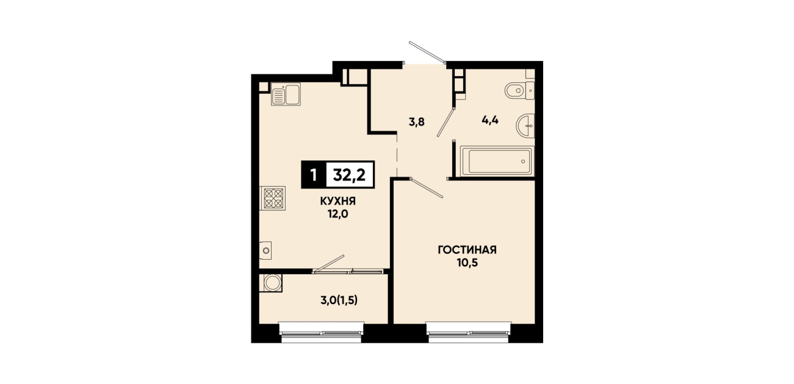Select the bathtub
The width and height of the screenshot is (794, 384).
[x=497, y=161]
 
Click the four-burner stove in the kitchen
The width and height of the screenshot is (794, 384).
[x=273, y=198]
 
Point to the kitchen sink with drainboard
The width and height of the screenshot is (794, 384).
[x=286, y=94]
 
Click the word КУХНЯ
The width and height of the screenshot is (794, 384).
[x=338, y=201]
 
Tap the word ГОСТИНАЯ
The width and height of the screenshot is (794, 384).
[x=467, y=251]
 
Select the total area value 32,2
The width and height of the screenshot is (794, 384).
[x=349, y=174]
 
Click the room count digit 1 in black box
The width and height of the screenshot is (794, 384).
[x=313, y=175]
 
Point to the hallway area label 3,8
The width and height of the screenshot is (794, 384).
[x=416, y=122]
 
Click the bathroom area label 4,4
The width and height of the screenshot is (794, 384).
[x=490, y=120]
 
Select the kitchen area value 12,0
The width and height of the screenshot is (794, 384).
[x=338, y=214]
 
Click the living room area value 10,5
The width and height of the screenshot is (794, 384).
[x=467, y=263]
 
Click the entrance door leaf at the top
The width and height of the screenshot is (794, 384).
[x=427, y=52]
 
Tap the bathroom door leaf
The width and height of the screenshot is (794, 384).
[x=446, y=122]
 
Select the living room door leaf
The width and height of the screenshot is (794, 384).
[x=427, y=188]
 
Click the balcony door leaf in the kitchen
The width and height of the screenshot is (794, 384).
[x=329, y=264]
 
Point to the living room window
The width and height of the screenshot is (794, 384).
[x=468, y=333]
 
